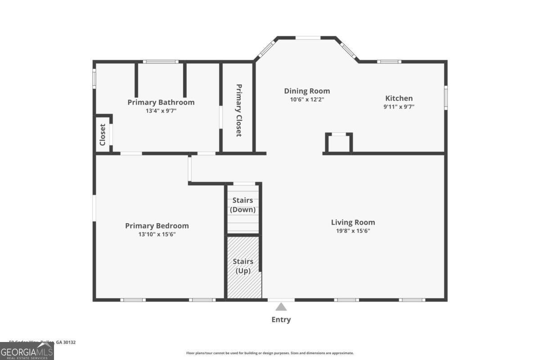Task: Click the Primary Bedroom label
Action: (157, 226)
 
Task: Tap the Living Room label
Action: (353, 222)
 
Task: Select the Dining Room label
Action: (307, 91)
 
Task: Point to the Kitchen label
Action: (399, 98)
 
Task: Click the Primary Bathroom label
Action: (161, 102)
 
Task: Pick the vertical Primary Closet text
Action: (238, 110)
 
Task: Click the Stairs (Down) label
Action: (243, 205)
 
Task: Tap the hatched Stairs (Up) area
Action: (243, 283)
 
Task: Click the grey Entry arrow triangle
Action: (281, 307)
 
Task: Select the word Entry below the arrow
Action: (281, 319)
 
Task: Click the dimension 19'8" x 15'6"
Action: (353, 231)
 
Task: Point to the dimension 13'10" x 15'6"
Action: (157, 234)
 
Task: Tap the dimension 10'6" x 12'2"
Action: (307, 99)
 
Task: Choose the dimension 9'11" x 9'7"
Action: (399, 107)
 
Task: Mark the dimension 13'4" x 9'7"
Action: (161, 111)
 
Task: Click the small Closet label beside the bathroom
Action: (102, 135)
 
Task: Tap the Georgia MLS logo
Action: (27, 351)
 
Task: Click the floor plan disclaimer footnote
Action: (270, 353)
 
